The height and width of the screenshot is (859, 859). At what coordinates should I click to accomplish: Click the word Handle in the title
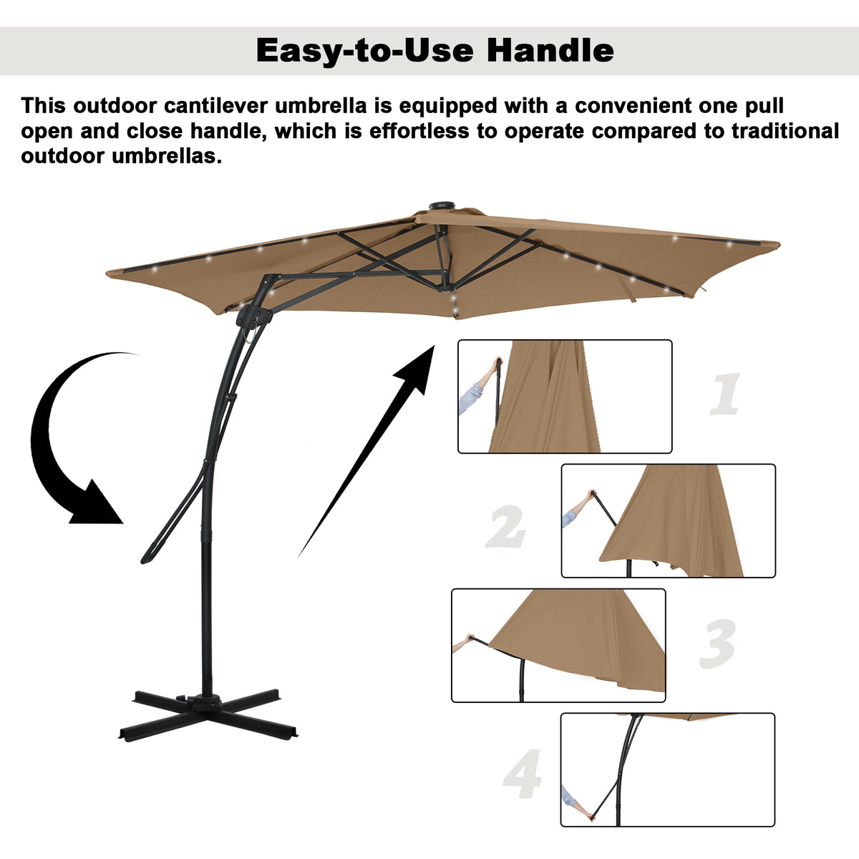pyautogui.click(x=550, y=50)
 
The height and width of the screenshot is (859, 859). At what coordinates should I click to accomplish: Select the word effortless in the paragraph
pyautogui.click(x=419, y=131)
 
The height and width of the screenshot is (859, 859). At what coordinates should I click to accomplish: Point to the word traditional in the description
pyautogui.click(x=785, y=131)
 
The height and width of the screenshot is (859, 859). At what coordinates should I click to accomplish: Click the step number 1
pyautogui.click(x=725, y=394)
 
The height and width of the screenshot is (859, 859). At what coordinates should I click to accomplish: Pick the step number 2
pyautogui.click(x=506, y=526)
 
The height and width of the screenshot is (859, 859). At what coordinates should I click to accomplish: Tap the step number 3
pyautogui.click(x=718, y=644)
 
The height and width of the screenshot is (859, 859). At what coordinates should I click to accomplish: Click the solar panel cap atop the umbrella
pyautogui.click(x=442, y=206)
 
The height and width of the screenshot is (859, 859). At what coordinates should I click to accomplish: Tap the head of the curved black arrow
pyautogui.click(x=97, y=503)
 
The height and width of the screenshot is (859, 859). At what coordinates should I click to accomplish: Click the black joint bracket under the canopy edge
pyautogui.click(x=253, y=316)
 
